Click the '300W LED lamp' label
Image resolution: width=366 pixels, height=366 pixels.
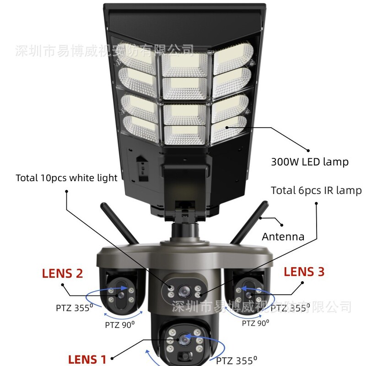pyautogui.click(x=310, y=161)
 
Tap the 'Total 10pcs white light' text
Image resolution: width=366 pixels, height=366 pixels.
pyautogui.click(x=67, y=178)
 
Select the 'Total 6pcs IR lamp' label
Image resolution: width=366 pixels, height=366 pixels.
pyautogui.click(x=316, y=190)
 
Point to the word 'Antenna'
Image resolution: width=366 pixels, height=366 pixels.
pyautogui.click(x=283, y=237)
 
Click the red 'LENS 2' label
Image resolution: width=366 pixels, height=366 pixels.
pyautogui.click(x=62, y=274)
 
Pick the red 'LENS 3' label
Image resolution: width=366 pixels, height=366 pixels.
pyautogui.click(x=304, y=272)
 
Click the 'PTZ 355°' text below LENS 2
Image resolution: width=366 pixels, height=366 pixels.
pyautogui.click(x=74, y=307)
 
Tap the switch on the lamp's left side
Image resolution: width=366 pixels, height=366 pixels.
pyautogui.click(x=141, y=164)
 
